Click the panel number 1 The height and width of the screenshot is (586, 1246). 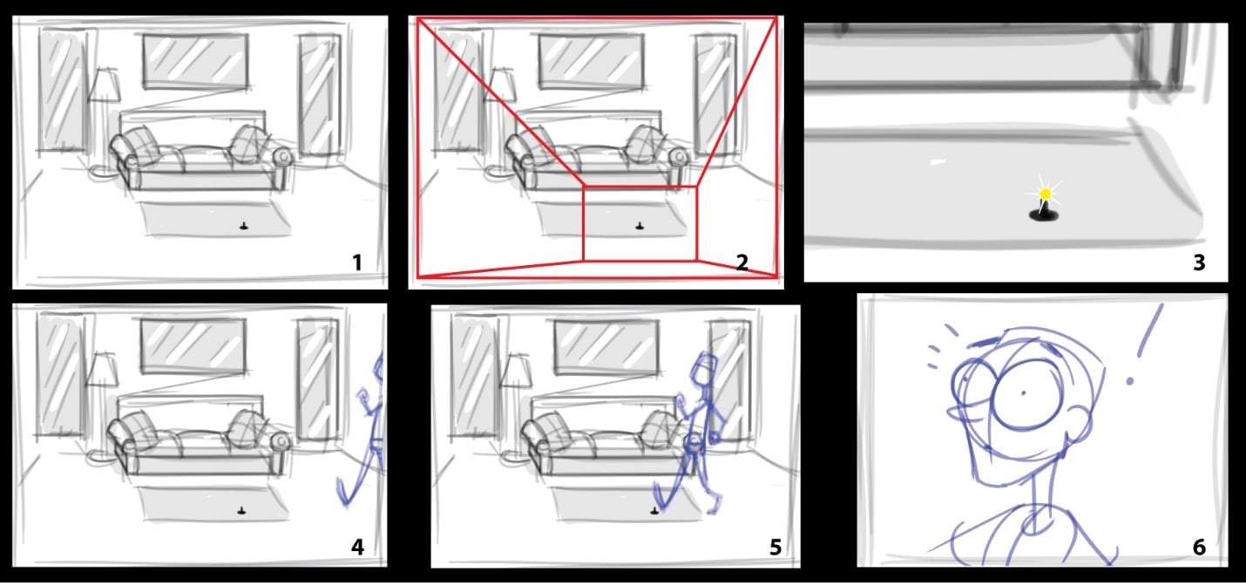coord(356,262)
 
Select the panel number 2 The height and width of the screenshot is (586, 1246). coord(742,262)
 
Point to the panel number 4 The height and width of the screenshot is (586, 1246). coord(356,547)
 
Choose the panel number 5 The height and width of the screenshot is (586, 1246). coord(775,547)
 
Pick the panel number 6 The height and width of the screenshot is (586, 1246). coord(1198,547)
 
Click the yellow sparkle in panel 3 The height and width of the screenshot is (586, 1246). coord(1045,193)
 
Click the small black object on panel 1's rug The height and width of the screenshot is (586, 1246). coord(245,227)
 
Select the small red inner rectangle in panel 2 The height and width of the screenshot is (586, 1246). coord(640,223)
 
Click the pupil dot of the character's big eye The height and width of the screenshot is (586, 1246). coord(1023,393)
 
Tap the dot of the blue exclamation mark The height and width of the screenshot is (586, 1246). coord(1130,381)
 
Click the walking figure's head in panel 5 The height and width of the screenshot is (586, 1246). coord(702,367)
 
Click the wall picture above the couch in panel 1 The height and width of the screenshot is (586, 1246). coord(195,61)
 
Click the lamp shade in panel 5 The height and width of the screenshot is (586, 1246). coord(518,370)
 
